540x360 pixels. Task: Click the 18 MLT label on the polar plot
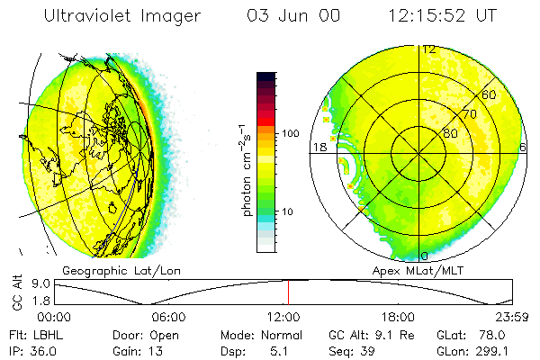pyautogui.click(x=319, y=147)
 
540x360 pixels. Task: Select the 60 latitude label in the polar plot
pyautogui.click(x=490, y=94)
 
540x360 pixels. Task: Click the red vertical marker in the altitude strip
pyautogui.click(x=288, y=292)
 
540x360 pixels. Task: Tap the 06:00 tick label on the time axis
pyautogui.click(x=168, y=317)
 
